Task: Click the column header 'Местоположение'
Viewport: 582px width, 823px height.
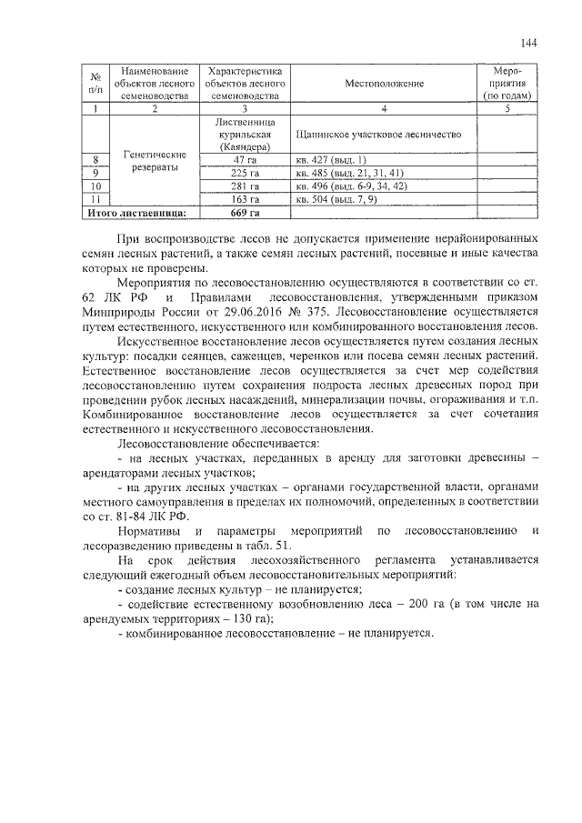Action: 384,84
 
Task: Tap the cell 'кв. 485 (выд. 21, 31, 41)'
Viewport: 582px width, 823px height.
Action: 349,173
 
